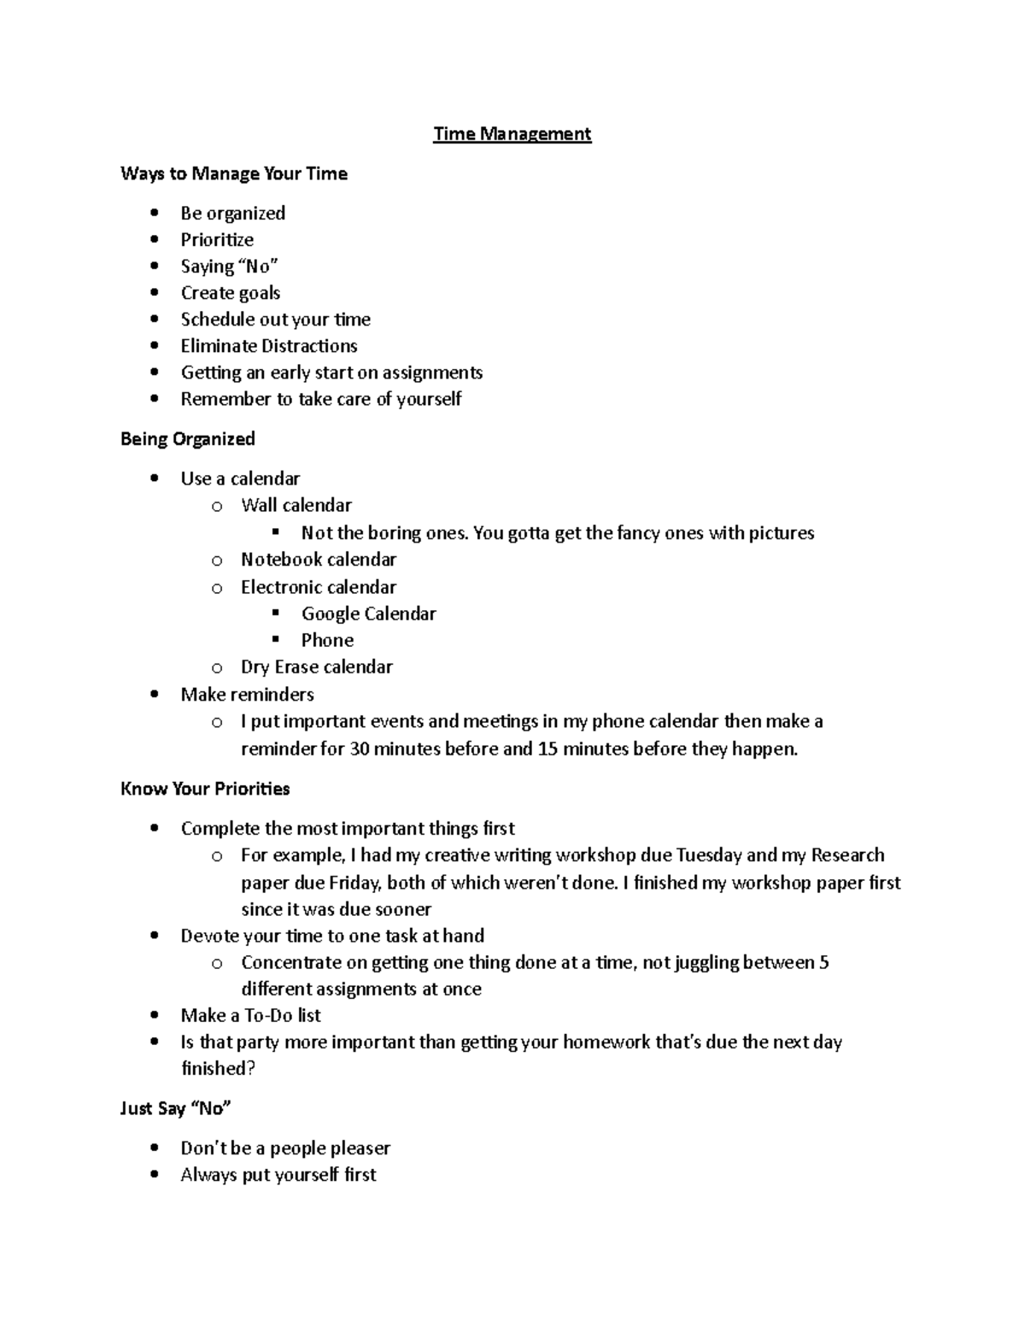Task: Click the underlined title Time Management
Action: coord(512,134)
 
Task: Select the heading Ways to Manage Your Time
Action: coord(234,174)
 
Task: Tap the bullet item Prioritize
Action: coord(217,240)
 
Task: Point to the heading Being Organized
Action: coord(188,439)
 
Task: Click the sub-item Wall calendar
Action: coord(296,506)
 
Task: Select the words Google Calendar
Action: coord(368,614)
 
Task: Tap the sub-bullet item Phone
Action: coord(327,641)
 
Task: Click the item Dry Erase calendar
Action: coord(317,667)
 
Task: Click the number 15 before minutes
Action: coord(548,749)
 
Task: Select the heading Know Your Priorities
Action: coord(205,789)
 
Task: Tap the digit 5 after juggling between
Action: coord(823,963)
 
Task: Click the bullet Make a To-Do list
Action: coord(250,1016)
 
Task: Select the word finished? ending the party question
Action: coord(218,1069)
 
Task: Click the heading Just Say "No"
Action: coord(176,1109)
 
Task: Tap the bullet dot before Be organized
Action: coord(154,213)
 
